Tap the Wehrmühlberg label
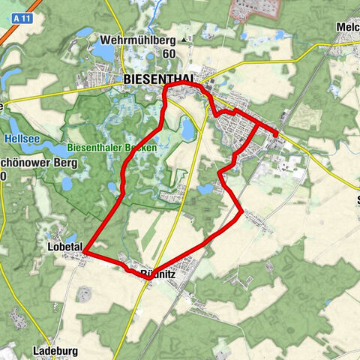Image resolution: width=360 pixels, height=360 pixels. pos(142,40)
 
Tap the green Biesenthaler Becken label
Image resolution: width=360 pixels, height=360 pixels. pos(112,148)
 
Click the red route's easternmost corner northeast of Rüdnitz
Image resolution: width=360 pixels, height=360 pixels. pos(241,212)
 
